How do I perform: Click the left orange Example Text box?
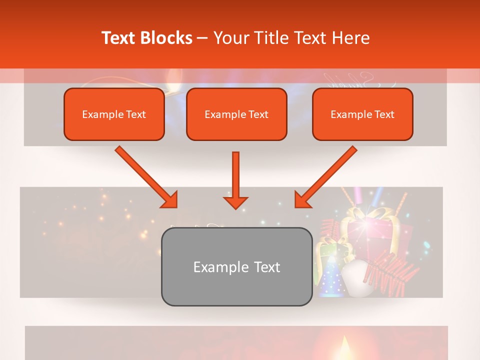pyautogui.click(x=114, y=114)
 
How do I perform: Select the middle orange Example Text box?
pyautogui.click(x=236, y=114)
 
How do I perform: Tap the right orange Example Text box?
pyautogui.click(x=362, y=114)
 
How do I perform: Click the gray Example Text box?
pyautogui.click(x=236, y=266)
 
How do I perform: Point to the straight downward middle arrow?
pyautogui.click(x=235, y=177)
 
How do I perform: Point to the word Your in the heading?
pyautogui.click(x=229, y=38)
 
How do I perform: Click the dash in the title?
pyautogui.click(x=202, y=38)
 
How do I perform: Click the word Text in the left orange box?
pyautogui.click(x=135, y=114)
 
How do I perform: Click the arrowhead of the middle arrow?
pyautogui.click(x=235, y=201)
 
